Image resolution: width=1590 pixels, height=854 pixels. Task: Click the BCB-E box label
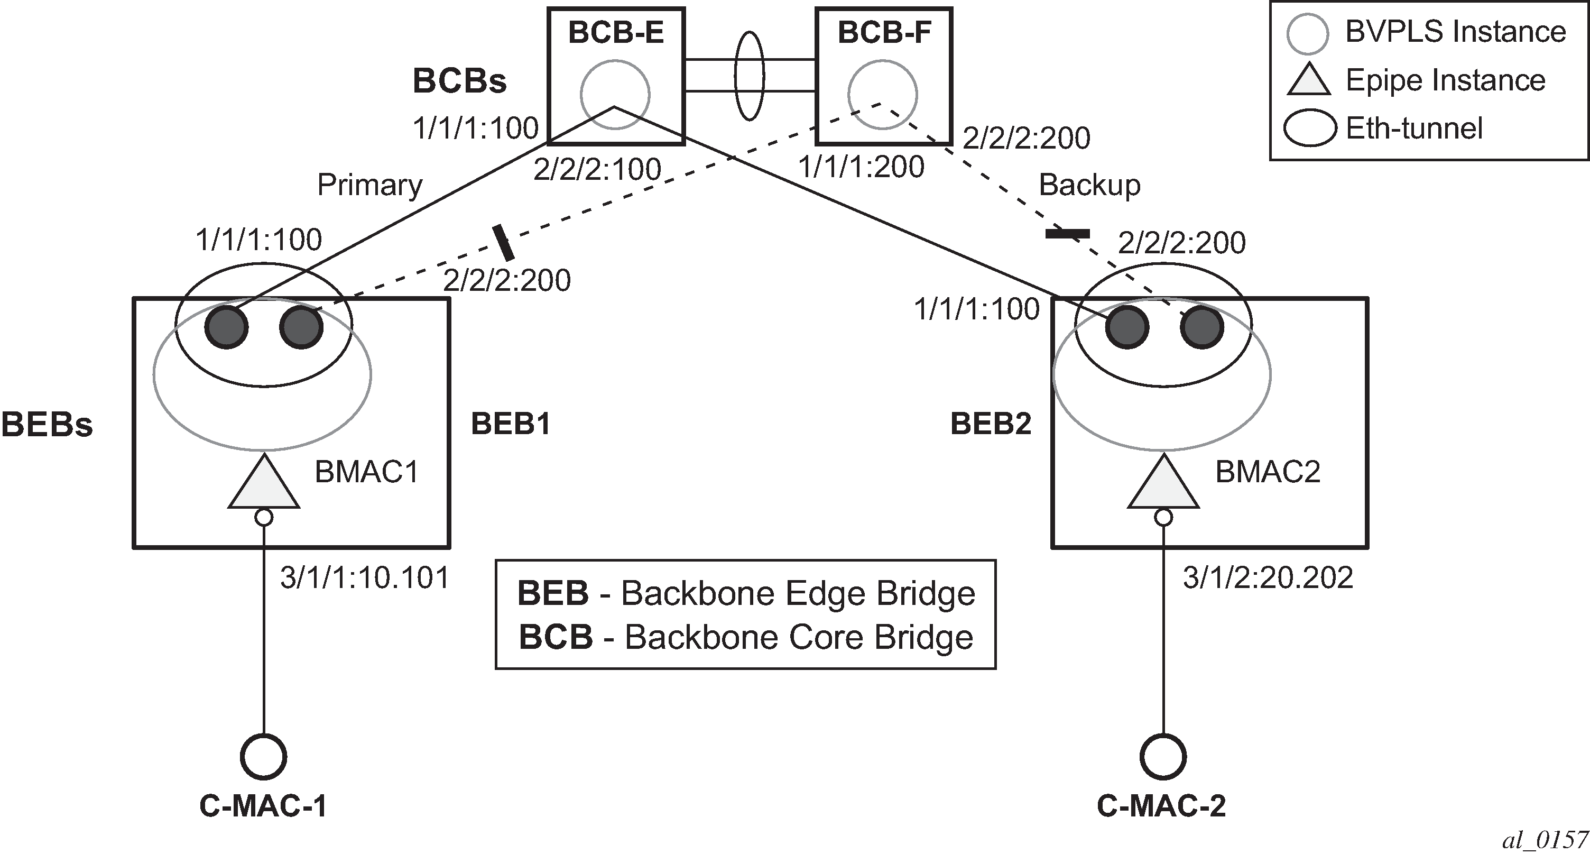(615, 32)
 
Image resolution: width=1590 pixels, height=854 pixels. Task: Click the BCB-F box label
(884, 32)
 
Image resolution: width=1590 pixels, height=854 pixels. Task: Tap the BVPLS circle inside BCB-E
(615, 95)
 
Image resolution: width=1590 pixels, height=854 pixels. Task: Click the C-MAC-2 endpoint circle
(1163, 756)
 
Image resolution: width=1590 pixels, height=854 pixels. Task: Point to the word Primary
(369, 185)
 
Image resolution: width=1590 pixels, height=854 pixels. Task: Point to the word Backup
(1089, 185)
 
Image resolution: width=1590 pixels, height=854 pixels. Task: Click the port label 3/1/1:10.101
(365, 578)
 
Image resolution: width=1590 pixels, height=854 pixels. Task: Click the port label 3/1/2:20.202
(1268, 578)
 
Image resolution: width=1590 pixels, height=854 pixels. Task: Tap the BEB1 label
(511, 424)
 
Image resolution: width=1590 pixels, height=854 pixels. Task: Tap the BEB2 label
(991, 424)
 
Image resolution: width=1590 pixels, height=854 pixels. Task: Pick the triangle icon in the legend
(1308, 81)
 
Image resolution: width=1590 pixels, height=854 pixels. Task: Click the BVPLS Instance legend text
(1455, 32)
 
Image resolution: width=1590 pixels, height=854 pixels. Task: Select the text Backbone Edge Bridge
(798, 593)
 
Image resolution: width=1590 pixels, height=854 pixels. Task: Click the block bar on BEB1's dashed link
(503, 242)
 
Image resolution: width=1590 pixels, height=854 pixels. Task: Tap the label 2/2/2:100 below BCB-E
(597, 169)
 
